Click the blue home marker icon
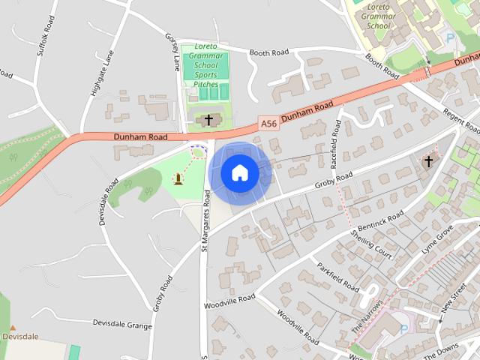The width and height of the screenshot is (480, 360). pyautogui.click(x=240, y=173)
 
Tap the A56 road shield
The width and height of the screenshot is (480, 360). pyautogui.click(x=268, y=122)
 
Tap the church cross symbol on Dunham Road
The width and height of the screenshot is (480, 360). pyautogui.click(x=208, y=119)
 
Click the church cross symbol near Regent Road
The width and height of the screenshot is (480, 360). pyautogui.click(x=428, y=161)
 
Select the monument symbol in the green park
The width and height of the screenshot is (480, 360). pyautogui.click(x=178, y=178)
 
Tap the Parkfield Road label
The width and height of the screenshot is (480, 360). pyautogui.click(x=339, y=277)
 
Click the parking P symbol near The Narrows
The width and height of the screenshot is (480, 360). pyautogui.click(x=404, y=329)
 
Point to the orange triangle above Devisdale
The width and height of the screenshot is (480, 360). pyautogui.click(x=13, y=327)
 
